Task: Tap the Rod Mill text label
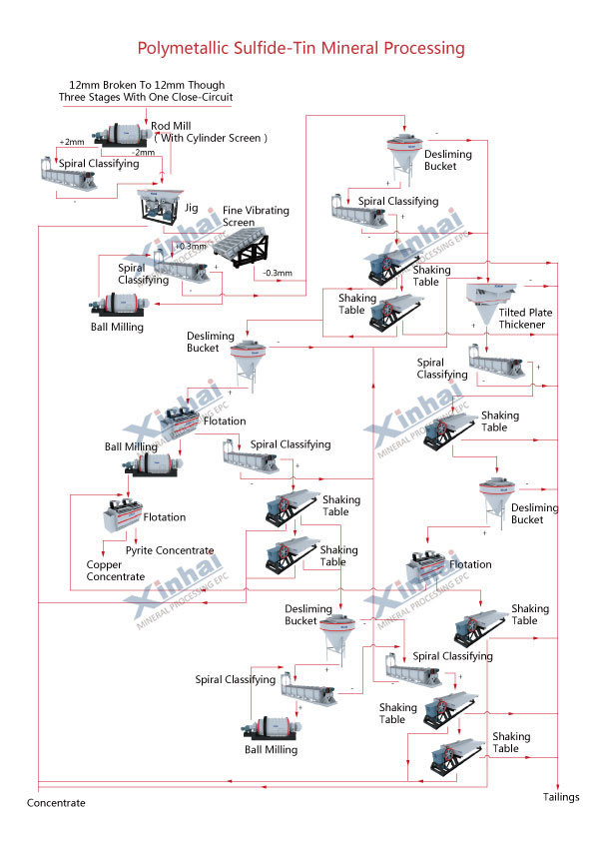pos(173,125)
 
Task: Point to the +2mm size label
pos(73,142)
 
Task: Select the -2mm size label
pos(145,152)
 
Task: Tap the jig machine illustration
pos(156,204)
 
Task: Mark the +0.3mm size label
pos(190,246)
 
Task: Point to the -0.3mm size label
pos(277,273)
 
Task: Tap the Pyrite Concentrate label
pos(169,550)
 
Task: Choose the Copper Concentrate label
pos(115,570)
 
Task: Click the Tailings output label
pos(561,797)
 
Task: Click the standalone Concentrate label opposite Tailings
pos(56,803)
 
